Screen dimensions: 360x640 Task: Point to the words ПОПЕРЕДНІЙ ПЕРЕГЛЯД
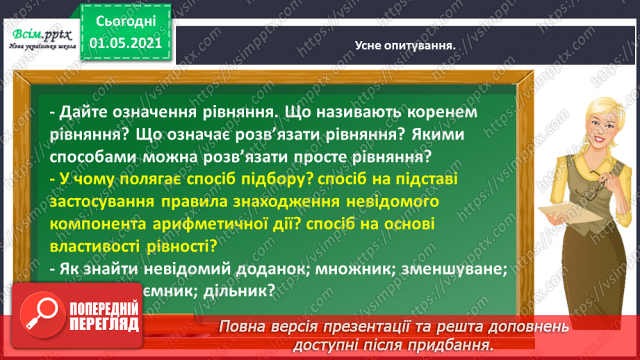point(104,316)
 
